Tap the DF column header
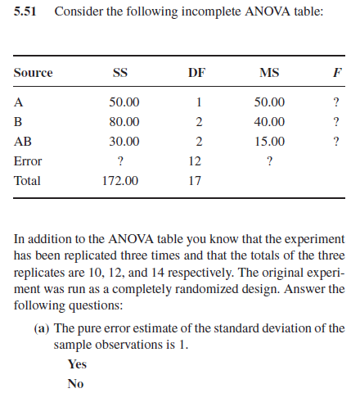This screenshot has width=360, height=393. (x=196, y=73)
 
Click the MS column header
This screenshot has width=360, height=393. (x=268, y=73)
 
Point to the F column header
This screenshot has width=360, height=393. (x=335, y=73)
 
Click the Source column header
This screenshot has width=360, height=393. (x=34, y=73)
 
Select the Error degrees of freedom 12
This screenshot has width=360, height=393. (x=196, y=160)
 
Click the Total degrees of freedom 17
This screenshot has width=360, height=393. (x=196, y=180)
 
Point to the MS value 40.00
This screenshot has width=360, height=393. (x=269, y=121)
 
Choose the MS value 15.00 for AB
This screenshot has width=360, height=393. (x=269, y=141)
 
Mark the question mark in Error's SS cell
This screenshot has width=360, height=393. (x=120, y=160)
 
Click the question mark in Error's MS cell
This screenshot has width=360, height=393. (x=269, y=160)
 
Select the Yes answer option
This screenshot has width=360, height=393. (x=77, y=364)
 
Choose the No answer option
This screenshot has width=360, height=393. (x=76, y=382)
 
